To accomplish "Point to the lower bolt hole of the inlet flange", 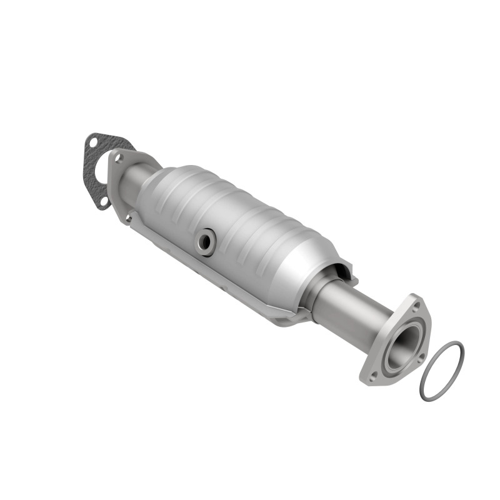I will (x=127, y=218).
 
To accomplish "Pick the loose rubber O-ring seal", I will (x=441, y=370).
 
